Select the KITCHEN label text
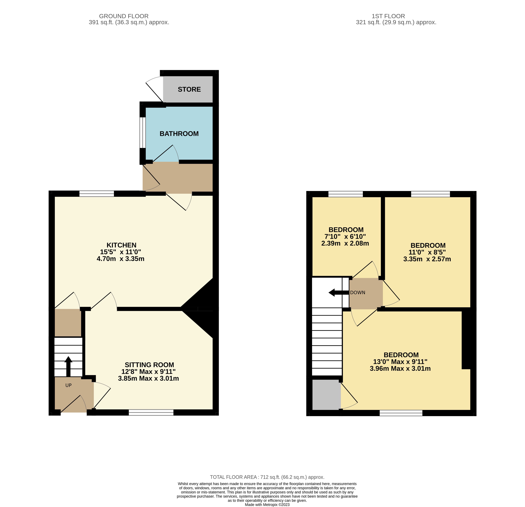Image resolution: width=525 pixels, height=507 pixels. (x=121, y=245)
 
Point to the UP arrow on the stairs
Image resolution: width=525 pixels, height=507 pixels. (x=68, y=366)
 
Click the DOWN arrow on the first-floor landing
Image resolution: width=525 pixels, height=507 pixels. (x=339, y=292)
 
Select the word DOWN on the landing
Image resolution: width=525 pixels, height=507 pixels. (x=358, y=292)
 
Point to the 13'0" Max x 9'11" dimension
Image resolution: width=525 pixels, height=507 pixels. (x=400, y=362)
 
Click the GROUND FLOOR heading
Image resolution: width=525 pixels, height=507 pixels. (x=124, y=16)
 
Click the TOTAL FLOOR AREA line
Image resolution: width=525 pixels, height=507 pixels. (x=267, y=477)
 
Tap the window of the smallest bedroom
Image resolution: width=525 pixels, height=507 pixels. (x=346, y=194)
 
